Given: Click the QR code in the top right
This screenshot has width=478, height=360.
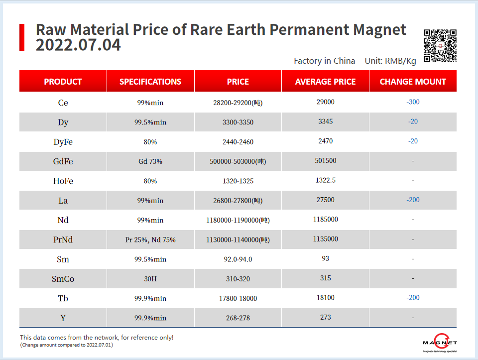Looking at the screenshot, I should pos(440,46).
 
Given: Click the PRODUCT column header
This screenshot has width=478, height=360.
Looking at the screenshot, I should pos(63,82).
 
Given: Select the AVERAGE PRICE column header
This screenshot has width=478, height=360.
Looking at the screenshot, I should pos(325,82).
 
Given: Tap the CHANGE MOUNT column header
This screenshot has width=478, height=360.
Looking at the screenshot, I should pos(413,82).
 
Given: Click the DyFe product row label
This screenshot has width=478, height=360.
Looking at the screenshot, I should pos(63,142).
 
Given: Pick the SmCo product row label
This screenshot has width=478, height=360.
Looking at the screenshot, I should pos(63,279).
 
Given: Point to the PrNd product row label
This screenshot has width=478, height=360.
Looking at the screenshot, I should pos(63,240).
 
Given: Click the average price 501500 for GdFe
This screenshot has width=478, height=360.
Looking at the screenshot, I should pos(326,161).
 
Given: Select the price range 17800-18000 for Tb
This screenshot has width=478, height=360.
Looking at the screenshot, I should pos(238,298).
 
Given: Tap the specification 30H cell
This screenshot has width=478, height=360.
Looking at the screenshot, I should pos(150,279).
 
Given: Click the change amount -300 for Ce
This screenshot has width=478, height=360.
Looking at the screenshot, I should pos(413,102).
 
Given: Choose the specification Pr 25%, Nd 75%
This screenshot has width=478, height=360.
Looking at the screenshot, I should pos(150,240).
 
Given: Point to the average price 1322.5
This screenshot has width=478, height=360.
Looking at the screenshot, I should pos(326,180).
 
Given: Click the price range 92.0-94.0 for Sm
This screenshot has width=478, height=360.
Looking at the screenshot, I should pos(238,259).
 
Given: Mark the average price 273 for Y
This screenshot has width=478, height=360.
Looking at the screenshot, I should pos(326,317).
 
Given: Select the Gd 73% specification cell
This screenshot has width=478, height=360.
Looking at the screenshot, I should pos(150,161).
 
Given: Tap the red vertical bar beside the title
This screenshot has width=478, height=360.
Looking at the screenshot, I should pos(22,37).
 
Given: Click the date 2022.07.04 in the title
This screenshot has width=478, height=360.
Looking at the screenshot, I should pos(78,45).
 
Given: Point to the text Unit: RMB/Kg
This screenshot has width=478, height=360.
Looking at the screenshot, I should pos(390,61).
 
